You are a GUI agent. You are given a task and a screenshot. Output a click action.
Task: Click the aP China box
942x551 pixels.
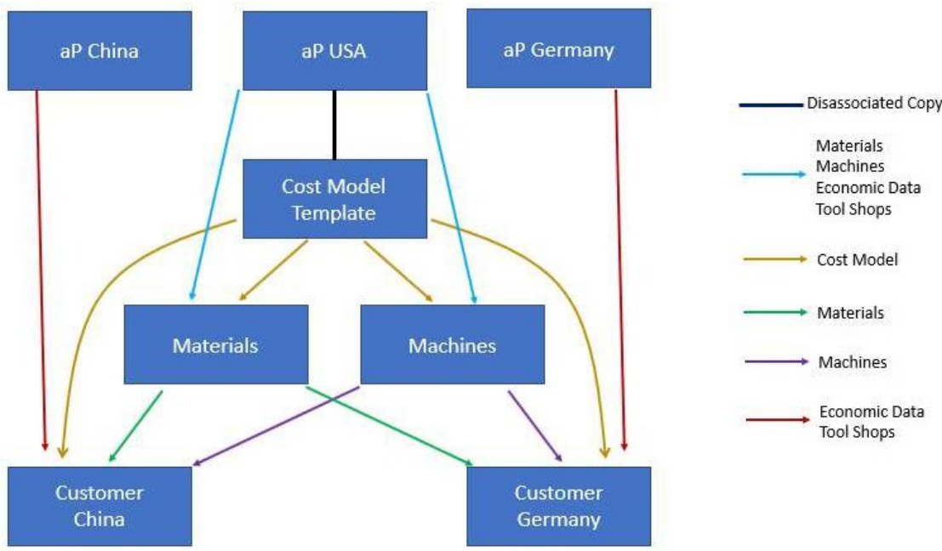coord(100,50)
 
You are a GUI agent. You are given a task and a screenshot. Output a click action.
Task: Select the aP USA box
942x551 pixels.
coord(334,50)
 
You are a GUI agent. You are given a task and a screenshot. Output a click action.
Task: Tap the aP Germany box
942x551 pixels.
coord(558,50)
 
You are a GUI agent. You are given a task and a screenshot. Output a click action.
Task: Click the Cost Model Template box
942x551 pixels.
coord(334,199)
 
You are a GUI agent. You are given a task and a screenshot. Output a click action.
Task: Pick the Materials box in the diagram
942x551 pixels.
coord(215,345)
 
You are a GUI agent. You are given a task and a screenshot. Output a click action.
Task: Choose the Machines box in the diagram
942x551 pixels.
coord(452,345)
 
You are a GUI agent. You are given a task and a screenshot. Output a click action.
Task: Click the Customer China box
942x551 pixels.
coord(100,506)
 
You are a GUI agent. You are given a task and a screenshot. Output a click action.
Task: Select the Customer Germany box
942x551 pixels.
coord(558,506)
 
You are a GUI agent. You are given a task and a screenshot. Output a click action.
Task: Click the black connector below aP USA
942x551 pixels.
coord(334,124)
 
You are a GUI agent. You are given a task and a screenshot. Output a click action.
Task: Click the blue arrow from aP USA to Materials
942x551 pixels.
coord(214,196)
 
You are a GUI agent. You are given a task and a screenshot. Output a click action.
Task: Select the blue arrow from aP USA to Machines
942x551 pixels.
coord(451,196)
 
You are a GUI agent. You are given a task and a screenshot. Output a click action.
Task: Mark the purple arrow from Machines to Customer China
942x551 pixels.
coord(277,425)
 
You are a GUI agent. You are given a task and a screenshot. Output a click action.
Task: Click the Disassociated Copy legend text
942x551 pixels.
coord(873,104)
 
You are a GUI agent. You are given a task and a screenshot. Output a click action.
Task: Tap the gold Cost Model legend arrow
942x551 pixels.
coord(773,261)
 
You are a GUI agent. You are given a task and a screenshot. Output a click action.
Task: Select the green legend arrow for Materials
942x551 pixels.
coord(773,313)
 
